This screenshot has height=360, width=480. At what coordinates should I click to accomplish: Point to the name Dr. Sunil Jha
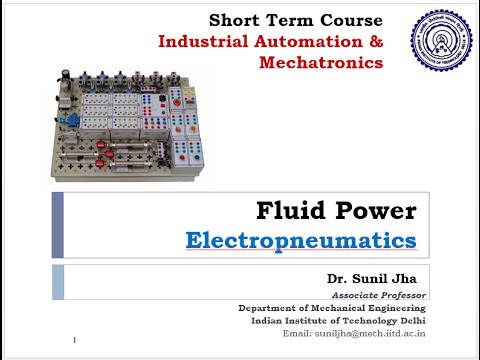pos(377,276)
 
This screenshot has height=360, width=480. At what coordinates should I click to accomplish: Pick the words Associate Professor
pos(377,295)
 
